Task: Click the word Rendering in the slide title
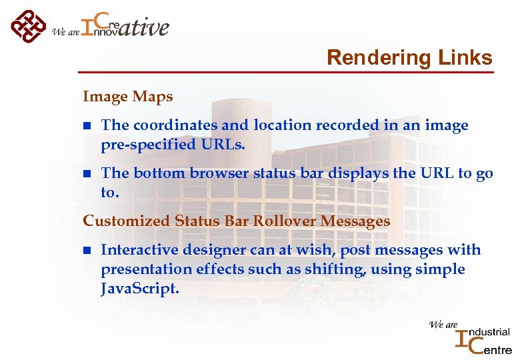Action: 369,58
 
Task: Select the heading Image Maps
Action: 127,97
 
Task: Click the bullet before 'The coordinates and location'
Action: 86,126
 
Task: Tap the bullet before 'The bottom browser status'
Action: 86,174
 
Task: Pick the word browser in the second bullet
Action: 218,173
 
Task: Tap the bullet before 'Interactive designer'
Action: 86,251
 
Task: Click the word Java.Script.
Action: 140,288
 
